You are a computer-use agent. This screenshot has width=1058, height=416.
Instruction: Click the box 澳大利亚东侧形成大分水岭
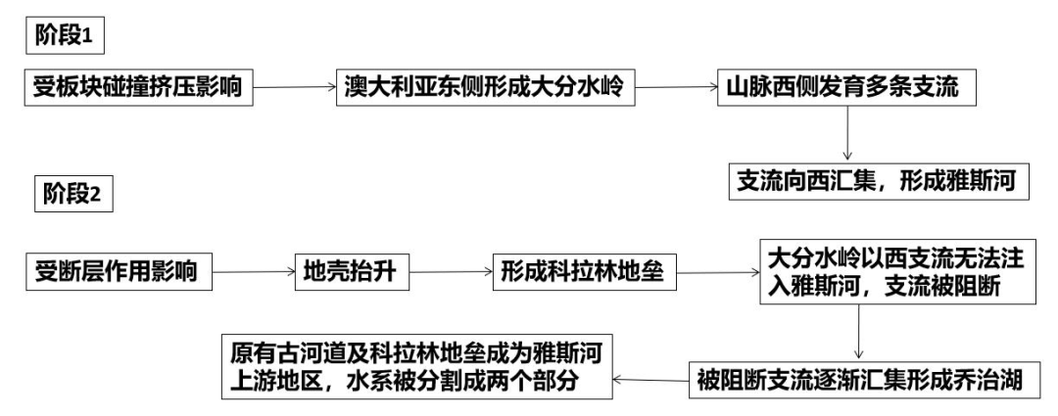(x=485, y=89)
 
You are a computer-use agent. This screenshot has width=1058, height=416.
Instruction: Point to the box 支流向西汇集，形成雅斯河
(x=883, y=182)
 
